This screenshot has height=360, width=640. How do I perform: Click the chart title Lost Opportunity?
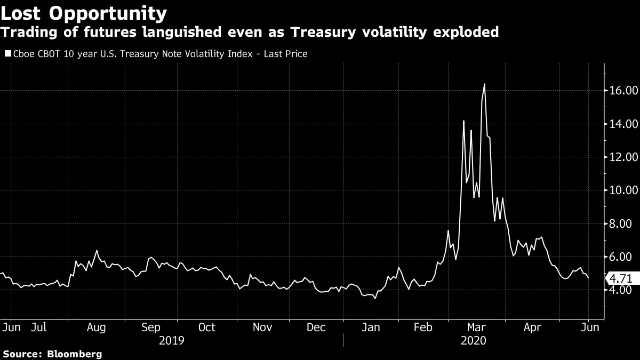[84, 13]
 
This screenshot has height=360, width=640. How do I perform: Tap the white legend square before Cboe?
[7, 54]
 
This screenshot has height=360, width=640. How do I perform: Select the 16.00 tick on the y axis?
[623, 91]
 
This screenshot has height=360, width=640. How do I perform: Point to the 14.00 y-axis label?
[623, 124]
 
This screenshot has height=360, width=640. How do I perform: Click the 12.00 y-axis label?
[623, 157]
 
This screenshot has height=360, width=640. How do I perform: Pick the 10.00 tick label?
[623, 190]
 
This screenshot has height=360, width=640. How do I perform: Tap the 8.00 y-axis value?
[626, 223]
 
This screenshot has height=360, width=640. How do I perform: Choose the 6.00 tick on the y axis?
[626, 257]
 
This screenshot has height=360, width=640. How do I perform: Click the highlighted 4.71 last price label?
[621, 278]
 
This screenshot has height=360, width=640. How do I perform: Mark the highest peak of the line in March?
[484, 84]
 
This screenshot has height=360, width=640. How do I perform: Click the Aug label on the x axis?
[97, 327]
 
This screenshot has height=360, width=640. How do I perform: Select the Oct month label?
[206, 327]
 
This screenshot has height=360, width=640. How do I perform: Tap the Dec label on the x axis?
[317, 327]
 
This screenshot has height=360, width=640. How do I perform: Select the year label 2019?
[172, 340]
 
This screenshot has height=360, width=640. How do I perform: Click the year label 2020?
[473, 340]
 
